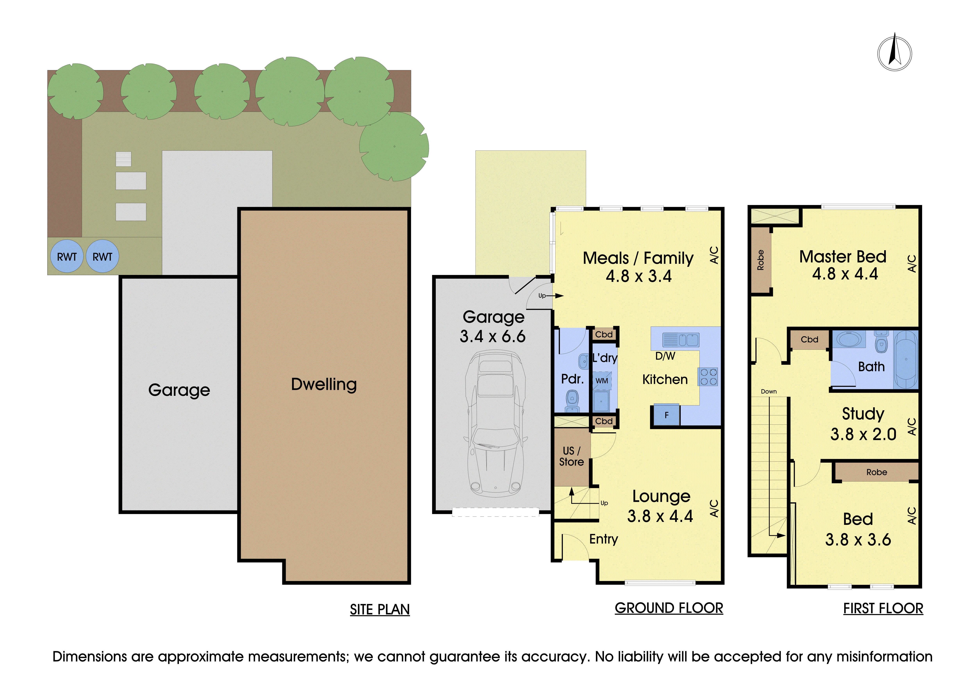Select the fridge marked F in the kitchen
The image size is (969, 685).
click(667, 415)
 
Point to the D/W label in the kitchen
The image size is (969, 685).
click(665, 356)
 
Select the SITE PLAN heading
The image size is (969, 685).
click(380, 609)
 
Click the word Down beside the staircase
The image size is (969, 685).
click(769, 392)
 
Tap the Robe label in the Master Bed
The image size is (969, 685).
click(761, 260)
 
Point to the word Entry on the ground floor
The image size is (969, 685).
click(604, 539)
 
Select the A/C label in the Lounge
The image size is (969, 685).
click(714, 508)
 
